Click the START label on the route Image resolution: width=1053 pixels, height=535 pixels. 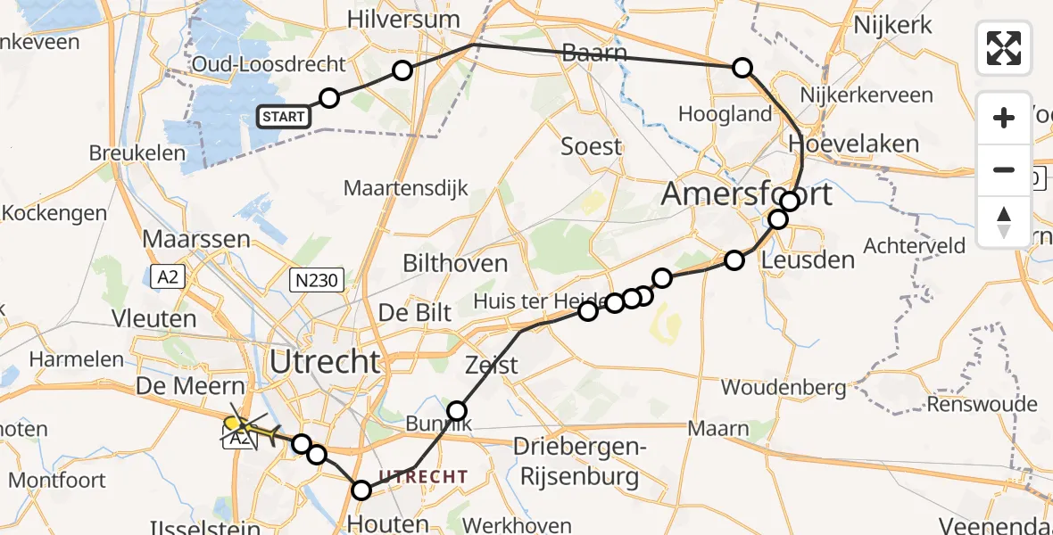pos(285,116)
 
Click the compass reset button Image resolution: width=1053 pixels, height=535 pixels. pos(1004,222)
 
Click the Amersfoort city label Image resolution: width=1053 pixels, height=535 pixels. pos(747,193)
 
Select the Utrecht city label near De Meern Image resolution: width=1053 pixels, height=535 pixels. pos(325,362)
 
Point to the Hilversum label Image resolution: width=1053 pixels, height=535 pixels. pos(403,19)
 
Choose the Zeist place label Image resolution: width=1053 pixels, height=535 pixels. pos(491,366)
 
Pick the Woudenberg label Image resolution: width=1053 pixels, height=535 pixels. pos(784,388)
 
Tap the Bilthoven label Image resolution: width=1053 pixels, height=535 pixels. pos(455,263)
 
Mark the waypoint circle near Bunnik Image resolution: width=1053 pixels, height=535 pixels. pos(457,411)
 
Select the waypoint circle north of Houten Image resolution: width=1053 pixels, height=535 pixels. pos(361,490)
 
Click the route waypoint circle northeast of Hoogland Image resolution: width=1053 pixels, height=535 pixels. pos(742,68)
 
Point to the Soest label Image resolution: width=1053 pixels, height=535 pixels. pos(591,146)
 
